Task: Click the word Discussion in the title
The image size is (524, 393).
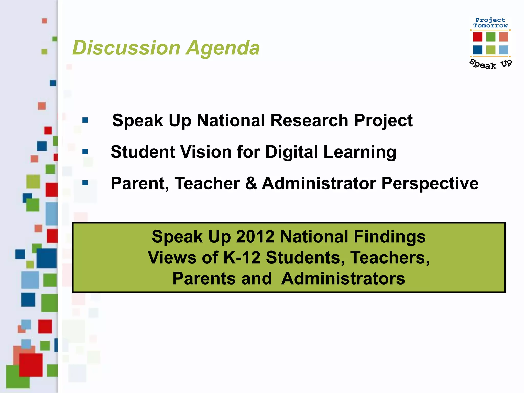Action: tap(127, 48)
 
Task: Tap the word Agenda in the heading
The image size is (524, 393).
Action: tap(223, 48)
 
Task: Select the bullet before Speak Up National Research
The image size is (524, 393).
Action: tap(85, 120)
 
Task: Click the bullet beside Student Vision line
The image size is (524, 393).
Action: tap(85, 151)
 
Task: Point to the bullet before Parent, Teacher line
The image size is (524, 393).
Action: tap(85, 183)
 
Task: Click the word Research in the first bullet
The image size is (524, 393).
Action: tap(309, 120)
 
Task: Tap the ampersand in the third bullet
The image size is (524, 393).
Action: tap(251, 183)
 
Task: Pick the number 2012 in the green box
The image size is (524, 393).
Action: tap(255, 237)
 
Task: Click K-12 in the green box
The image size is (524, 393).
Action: tap(242, 257)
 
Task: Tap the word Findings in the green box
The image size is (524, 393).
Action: tap(389, 237)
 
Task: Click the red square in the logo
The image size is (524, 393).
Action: tap(477, 37)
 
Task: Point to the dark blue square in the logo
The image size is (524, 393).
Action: tap(477, 50)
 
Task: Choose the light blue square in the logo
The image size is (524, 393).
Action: tap(504, 50)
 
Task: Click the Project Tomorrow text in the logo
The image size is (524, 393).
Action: tap(490, 23)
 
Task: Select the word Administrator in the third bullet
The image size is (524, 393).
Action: tap(319, 183)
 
